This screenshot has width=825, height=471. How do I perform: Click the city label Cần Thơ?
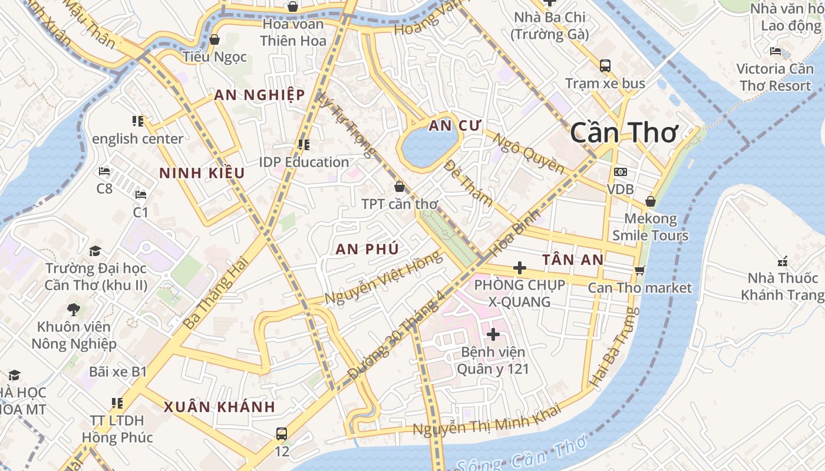coord(624,133)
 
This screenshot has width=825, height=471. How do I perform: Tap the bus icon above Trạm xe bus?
coord(605,65)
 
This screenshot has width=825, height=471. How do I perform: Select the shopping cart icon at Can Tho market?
coord(640,271)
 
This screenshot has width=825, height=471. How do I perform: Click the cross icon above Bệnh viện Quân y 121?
coord(493,334)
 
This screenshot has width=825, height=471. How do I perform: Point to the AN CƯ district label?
coord(455,126)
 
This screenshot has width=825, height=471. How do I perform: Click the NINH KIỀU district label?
coord(202,173)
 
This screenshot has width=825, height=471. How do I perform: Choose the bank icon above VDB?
coord(620,172)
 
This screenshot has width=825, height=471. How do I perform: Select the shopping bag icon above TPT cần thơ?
coord(400,187)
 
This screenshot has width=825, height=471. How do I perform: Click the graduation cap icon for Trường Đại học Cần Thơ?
coord(95,251)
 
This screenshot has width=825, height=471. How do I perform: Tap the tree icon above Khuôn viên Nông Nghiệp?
coord(74,309)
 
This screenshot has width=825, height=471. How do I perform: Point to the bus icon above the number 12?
coord(282,434)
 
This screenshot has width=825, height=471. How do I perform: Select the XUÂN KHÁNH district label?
coord(219,407)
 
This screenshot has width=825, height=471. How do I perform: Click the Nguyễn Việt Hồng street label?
coord(383,278)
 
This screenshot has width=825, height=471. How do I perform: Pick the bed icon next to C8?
coord(104,171)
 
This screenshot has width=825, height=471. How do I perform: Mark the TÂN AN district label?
coord(573,260)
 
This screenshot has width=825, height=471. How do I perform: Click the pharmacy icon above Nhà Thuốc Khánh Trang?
coord(783,261)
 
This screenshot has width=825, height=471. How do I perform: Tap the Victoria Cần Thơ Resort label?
coord(775,77)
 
